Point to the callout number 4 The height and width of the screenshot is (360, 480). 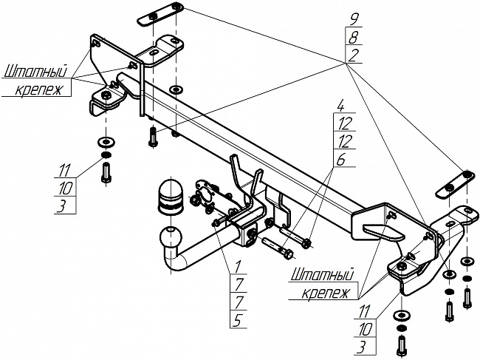tap(340, 104)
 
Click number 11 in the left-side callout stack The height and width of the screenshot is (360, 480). tap(66, 172)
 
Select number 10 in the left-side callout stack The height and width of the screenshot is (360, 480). tap(66, 189)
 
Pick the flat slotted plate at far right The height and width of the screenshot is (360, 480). tap(455, 183)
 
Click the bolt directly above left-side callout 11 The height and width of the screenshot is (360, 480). tap(106, 171)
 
